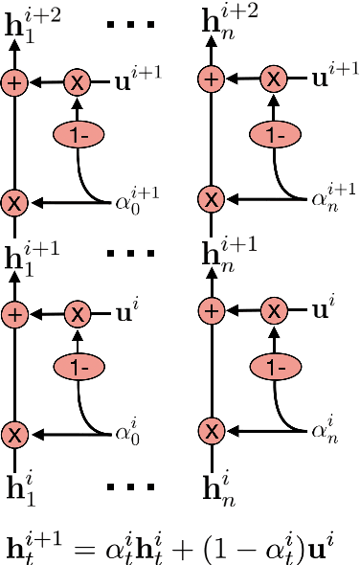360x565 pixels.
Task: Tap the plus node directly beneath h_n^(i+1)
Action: [x=214, y=312]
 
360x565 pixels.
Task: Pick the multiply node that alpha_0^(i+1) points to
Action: [x=13, y=203]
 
